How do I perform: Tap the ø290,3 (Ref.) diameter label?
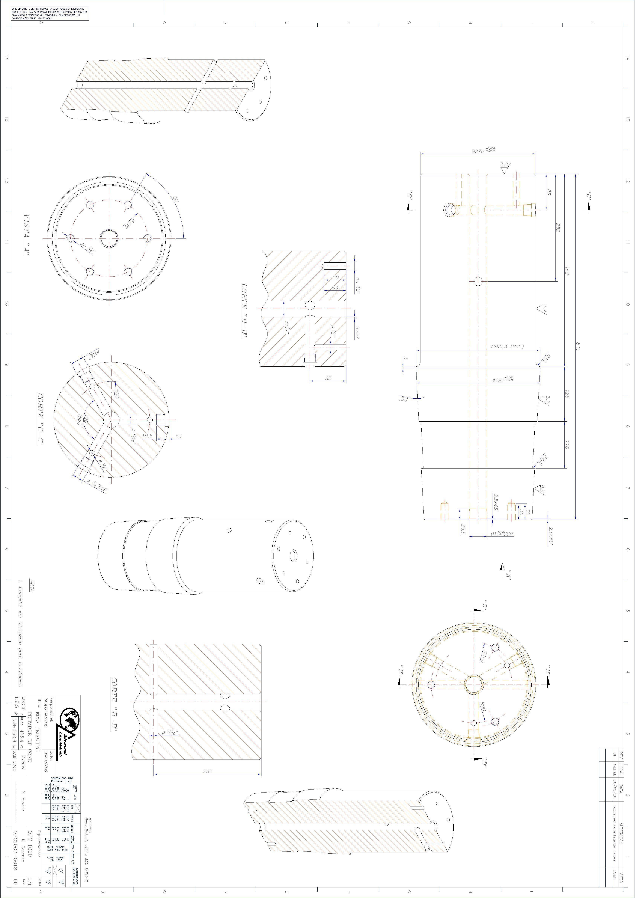point(507,347)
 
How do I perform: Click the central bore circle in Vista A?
point(109,238)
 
